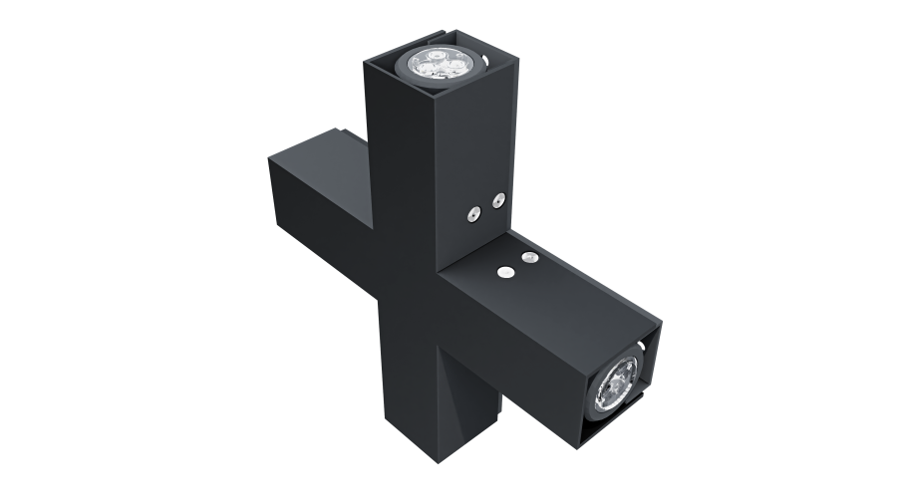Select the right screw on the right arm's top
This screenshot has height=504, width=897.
coord(528,257)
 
